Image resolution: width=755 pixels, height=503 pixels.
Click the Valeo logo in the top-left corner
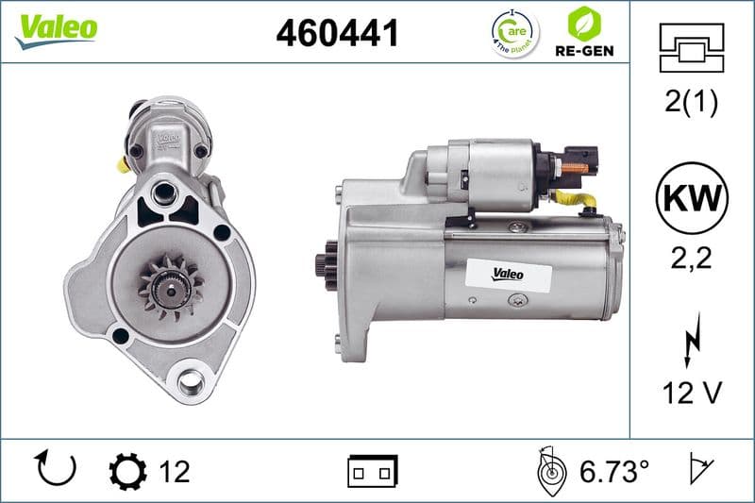[x=56, y=27]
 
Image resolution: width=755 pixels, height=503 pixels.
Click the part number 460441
[x=337, y=33]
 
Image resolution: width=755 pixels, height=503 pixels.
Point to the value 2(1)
[x=691, y=103]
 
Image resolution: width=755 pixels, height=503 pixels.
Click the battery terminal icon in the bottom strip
[x=373, y=469]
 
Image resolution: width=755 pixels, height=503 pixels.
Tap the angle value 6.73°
[x=612, y=470]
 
